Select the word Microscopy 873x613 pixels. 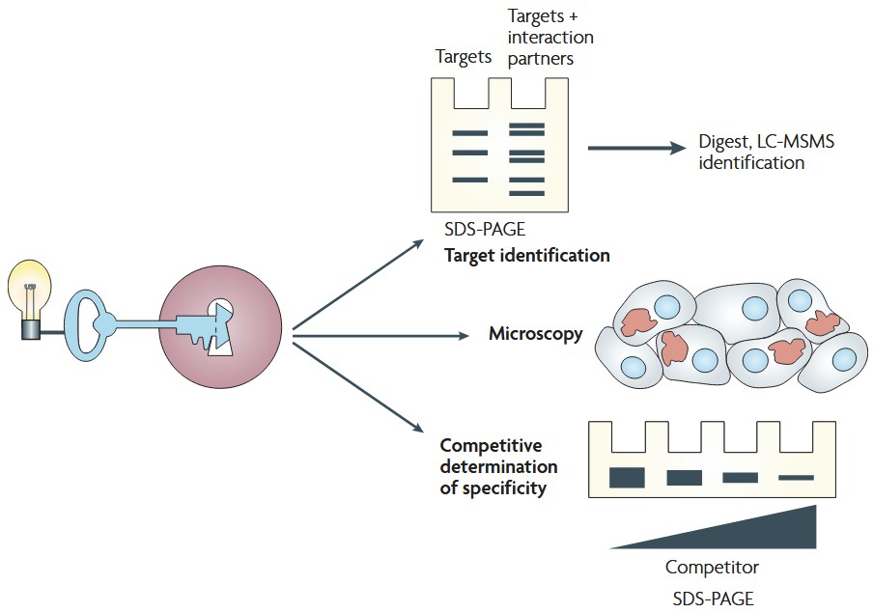tap(536, 335)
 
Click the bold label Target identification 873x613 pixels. tap(526, 256)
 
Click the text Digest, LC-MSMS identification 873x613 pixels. tap(766, 153)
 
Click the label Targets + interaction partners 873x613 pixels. tap(550, 38)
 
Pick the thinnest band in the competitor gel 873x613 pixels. tap(797, 477)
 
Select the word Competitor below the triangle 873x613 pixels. tap(712, 567)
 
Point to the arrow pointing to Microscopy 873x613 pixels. tap(386, 335)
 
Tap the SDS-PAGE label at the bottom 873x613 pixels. tap(713, 599)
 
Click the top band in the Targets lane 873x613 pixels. tap(470, 132)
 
